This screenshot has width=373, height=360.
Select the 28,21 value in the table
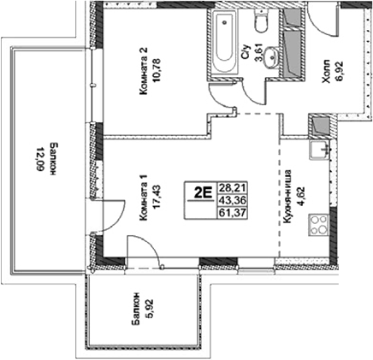click(230, 186)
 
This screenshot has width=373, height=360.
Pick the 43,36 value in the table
click(230, 199)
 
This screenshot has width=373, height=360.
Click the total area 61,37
click(230, 214)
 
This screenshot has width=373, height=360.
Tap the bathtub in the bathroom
click(225, 43)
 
